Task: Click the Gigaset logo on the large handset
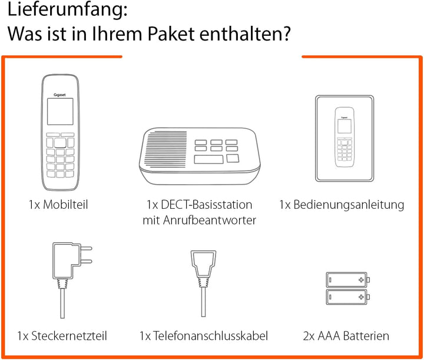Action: [x=60, y=86]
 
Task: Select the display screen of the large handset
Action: [x=60, y=111]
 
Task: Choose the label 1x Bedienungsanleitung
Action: [x=342, y=205]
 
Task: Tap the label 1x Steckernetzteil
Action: [x=62, y=336]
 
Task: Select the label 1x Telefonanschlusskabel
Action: [x=204, y=336]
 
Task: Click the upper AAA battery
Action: [x=346, y=279]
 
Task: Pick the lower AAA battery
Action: [x=346, y=295]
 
